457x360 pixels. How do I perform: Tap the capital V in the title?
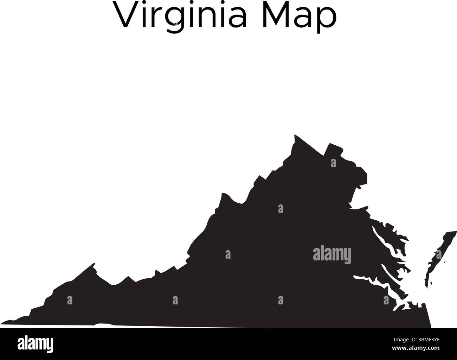click(126, 15)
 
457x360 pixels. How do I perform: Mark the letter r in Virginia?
click(156, 18)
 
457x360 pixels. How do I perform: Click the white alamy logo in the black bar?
click(36, 343)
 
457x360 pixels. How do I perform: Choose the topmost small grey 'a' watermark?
click(333, 163)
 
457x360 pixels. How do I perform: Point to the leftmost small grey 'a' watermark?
click(70, 300)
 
